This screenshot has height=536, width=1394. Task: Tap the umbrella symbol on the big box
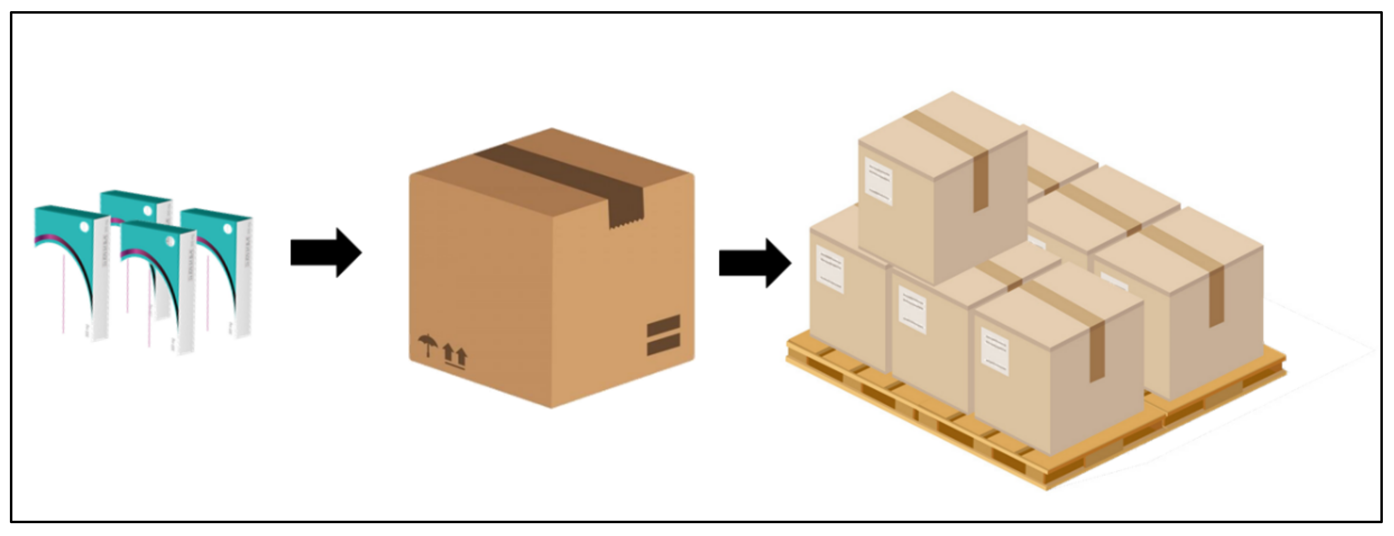[428, 345]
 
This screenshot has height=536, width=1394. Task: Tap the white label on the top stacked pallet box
[878, 181]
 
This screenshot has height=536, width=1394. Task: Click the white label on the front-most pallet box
[995, 351]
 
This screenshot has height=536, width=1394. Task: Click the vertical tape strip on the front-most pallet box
[1096, 352]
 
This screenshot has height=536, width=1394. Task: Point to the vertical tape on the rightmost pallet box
[1216, 296]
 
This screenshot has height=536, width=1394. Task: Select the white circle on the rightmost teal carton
[228, 230]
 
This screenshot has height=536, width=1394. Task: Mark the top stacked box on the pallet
[942, 184]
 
